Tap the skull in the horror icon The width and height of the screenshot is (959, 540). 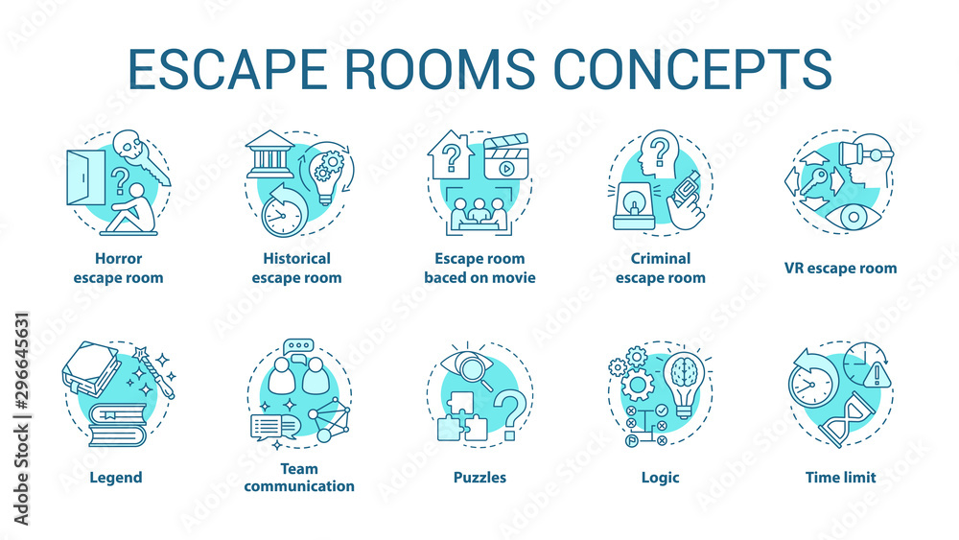click(x=131, y=150)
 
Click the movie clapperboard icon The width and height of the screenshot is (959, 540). click(x=506, y=156)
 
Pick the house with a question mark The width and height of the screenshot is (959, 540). click(x=449, y=153)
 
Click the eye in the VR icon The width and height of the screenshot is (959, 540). click(x=852, y=217)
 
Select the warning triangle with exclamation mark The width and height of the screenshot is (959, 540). click(x=877, y=375)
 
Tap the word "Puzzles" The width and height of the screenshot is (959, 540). click(x=479, y=477)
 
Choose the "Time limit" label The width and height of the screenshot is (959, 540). click(x=841, y=477)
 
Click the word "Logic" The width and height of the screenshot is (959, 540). click(x=660, y=477)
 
